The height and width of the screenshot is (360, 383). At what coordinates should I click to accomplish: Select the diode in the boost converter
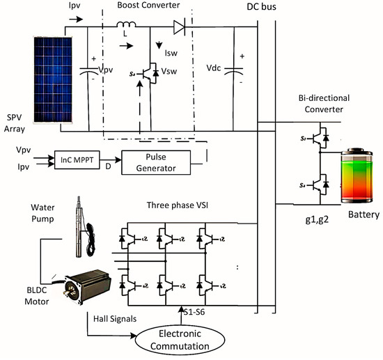[x=182, y=28]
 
